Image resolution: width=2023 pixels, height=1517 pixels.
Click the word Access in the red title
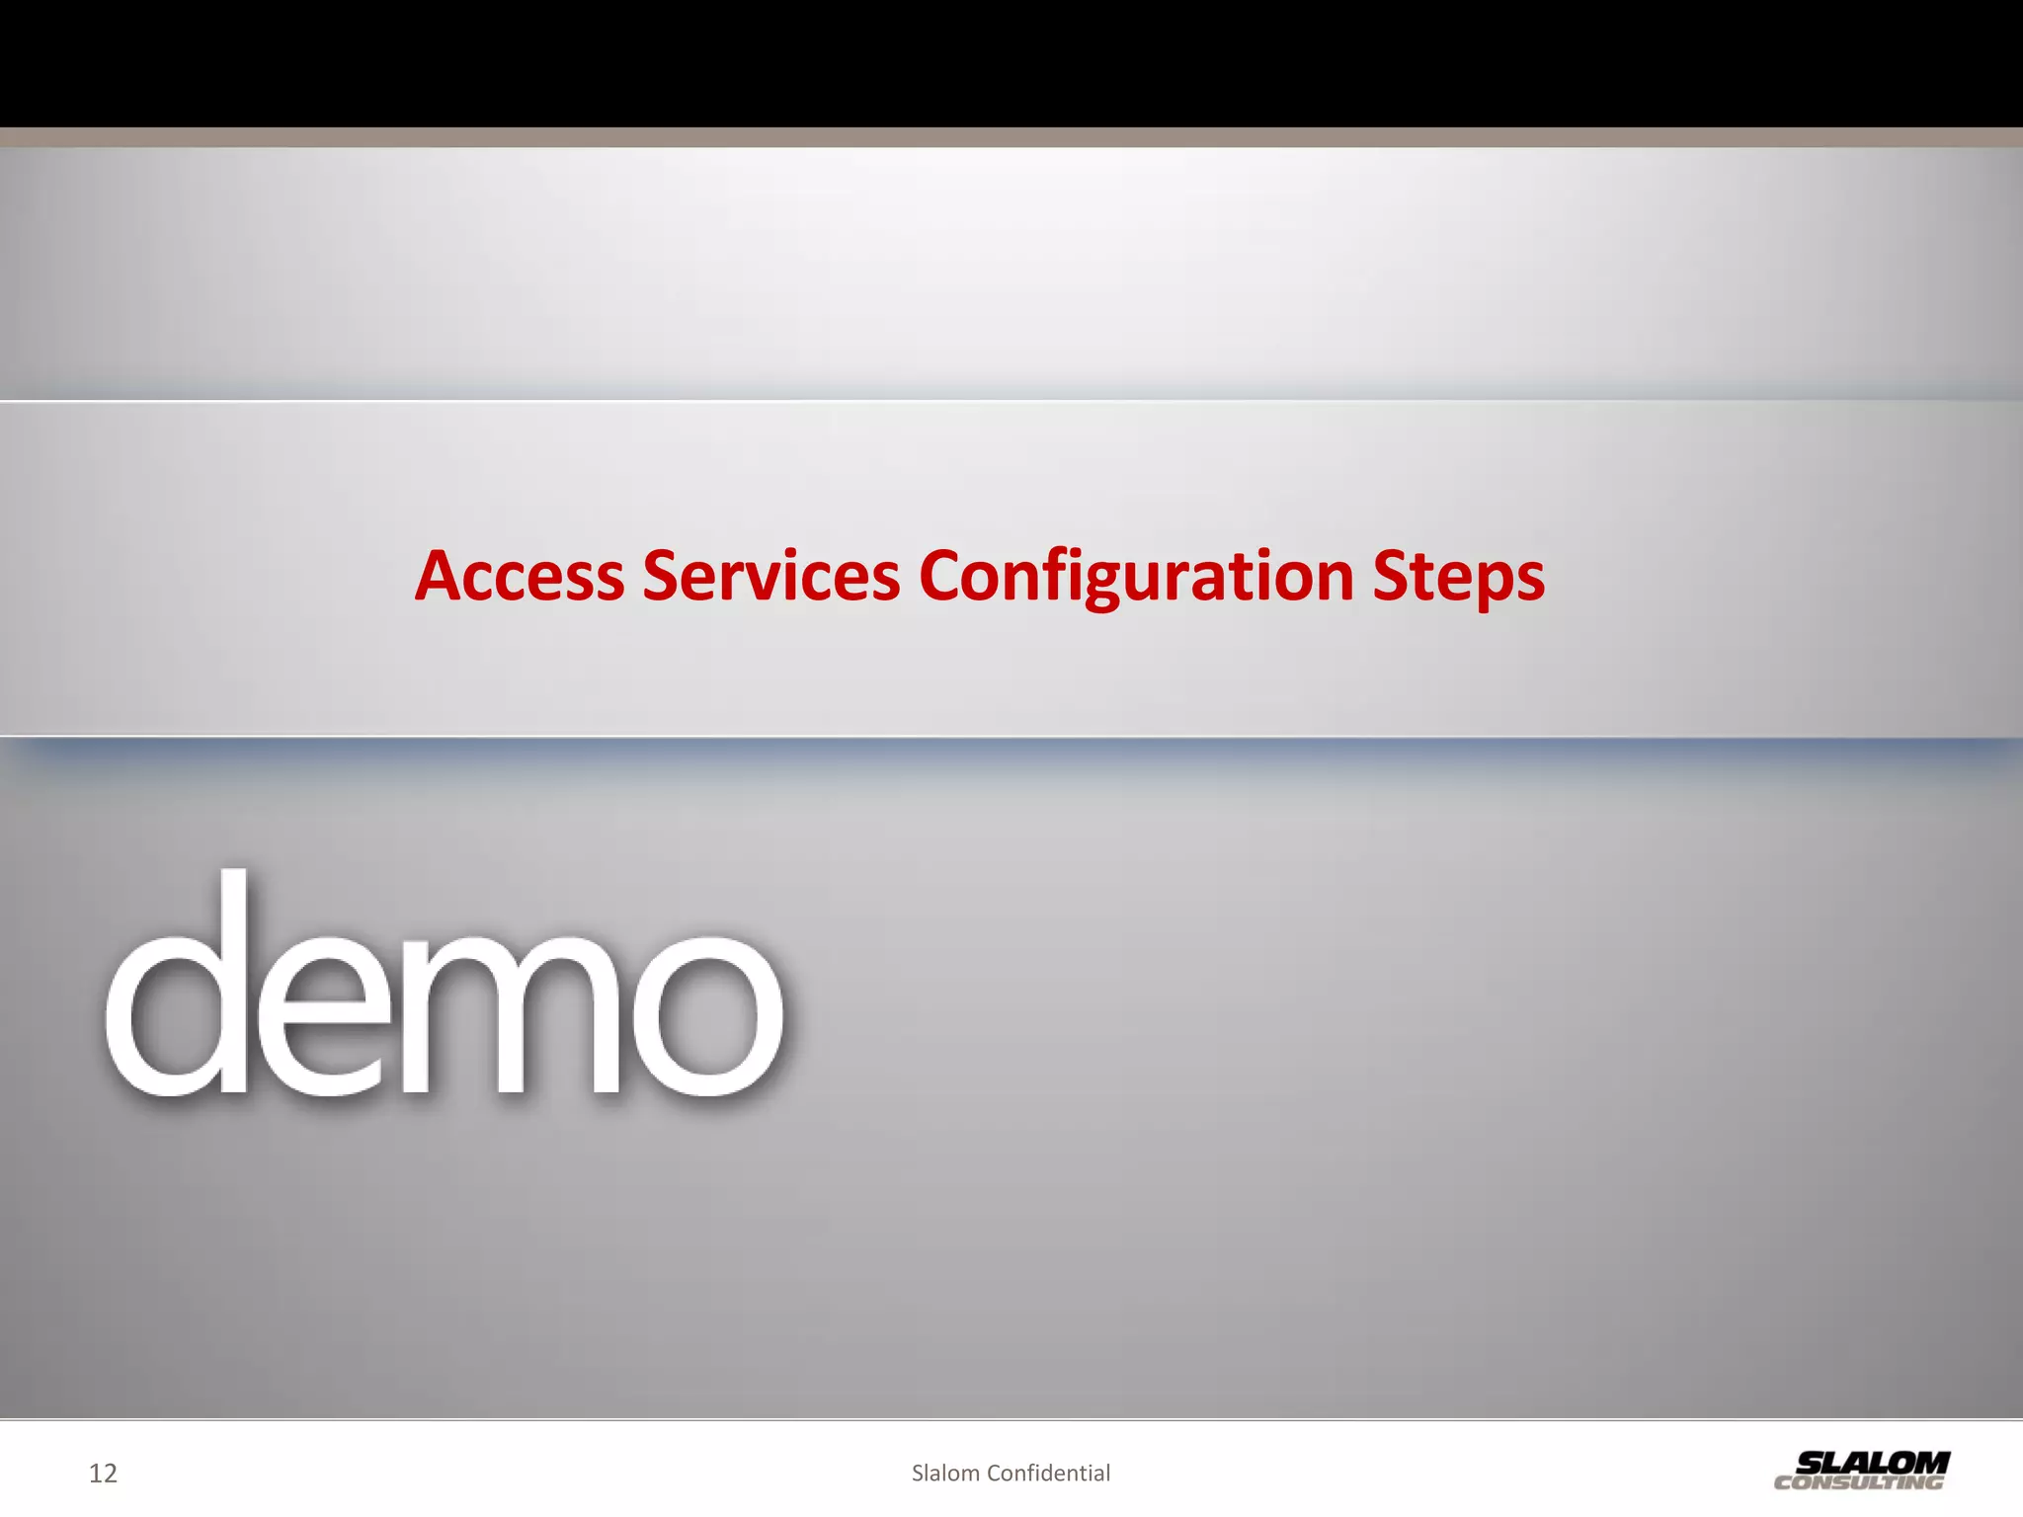point(520,576)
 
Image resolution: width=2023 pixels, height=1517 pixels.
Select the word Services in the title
point(770,576)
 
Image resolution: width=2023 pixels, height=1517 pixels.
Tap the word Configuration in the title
point(1136,576)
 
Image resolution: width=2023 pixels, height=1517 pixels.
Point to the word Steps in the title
point(1458,578)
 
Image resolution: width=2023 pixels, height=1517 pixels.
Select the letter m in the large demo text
point(509,1017)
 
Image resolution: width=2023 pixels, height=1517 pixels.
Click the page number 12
point(103,1474)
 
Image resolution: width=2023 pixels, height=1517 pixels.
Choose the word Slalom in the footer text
point(945,1474)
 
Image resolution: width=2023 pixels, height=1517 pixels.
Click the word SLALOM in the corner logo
point(1873,1462)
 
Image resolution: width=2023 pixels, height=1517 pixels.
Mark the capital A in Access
point(441,576)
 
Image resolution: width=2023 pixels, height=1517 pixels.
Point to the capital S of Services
point(663,576)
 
